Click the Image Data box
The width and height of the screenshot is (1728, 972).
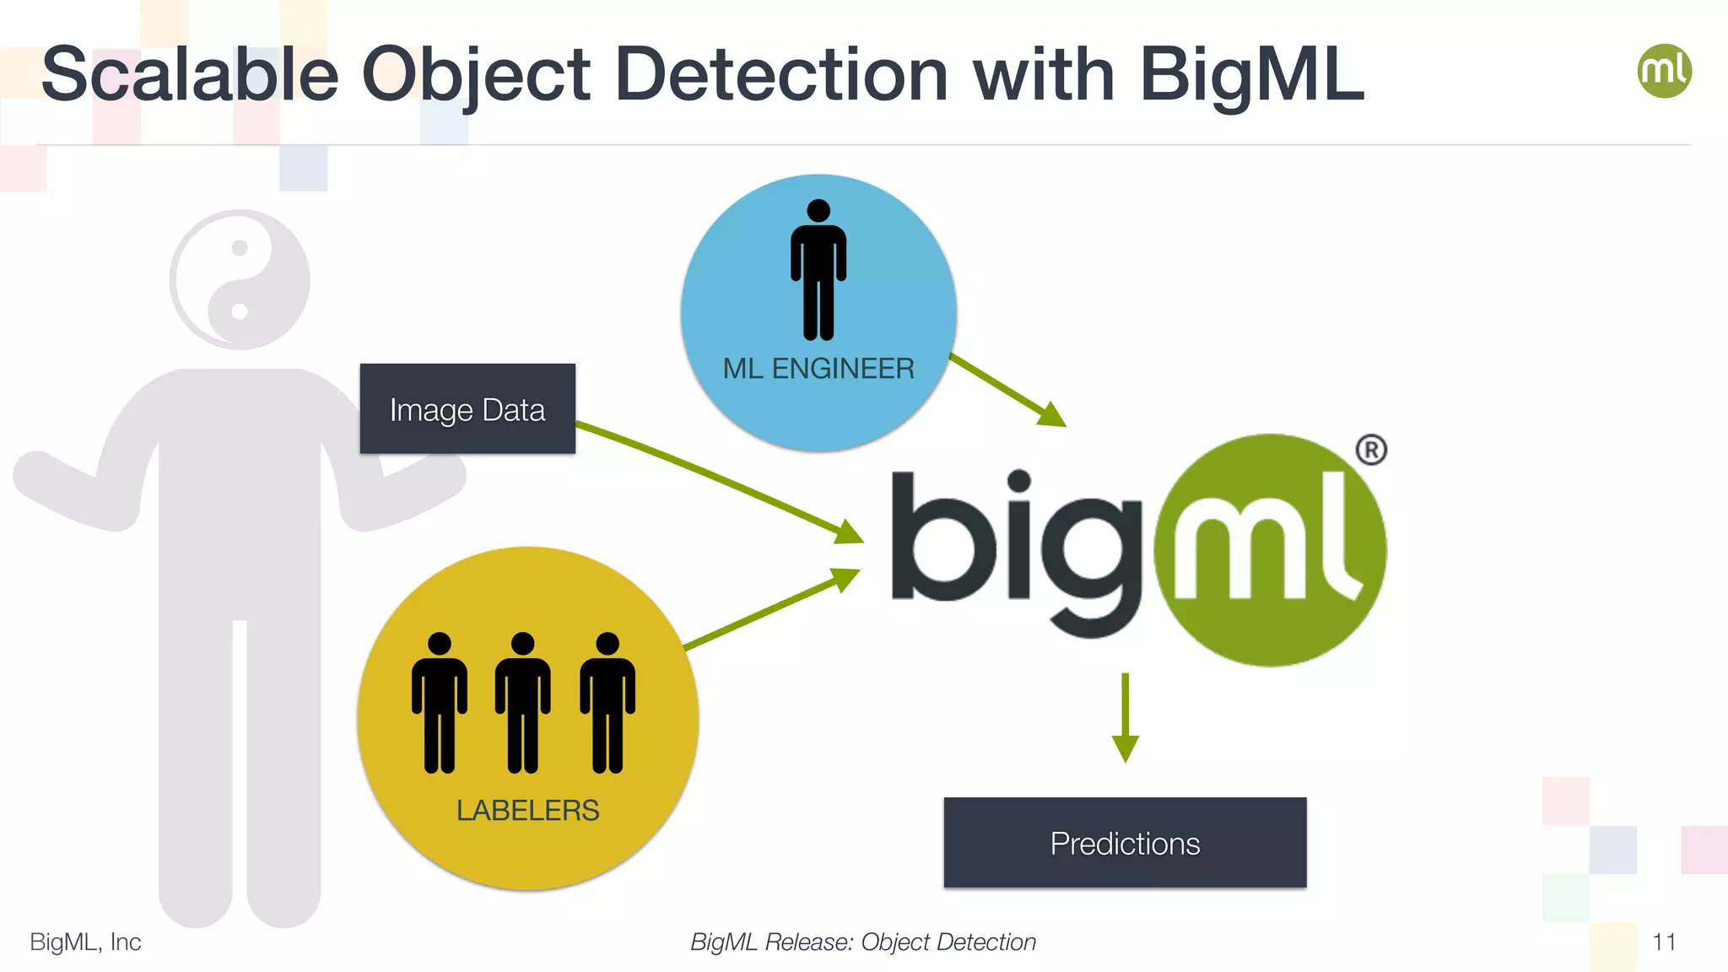(467, 409)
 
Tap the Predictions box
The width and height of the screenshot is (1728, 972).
(1125, 843)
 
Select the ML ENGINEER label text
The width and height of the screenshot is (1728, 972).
(818, 369)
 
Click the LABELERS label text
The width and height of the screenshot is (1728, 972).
(527, 811)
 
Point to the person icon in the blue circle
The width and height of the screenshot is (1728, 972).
(818, 270)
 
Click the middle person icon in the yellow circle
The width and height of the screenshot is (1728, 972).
(523, 702)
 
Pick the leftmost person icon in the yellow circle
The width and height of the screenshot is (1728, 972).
(440, 702)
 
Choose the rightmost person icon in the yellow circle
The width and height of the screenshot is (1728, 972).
(607, 702)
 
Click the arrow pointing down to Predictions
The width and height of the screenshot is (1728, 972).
(1126, 717)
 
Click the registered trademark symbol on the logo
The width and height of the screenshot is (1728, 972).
(1371, 450)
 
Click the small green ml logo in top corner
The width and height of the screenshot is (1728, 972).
(1664, 71)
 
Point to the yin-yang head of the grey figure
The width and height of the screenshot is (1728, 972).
(240, 280)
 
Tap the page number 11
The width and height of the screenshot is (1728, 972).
(1664, 942)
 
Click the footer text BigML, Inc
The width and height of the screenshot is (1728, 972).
(85, 942)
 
